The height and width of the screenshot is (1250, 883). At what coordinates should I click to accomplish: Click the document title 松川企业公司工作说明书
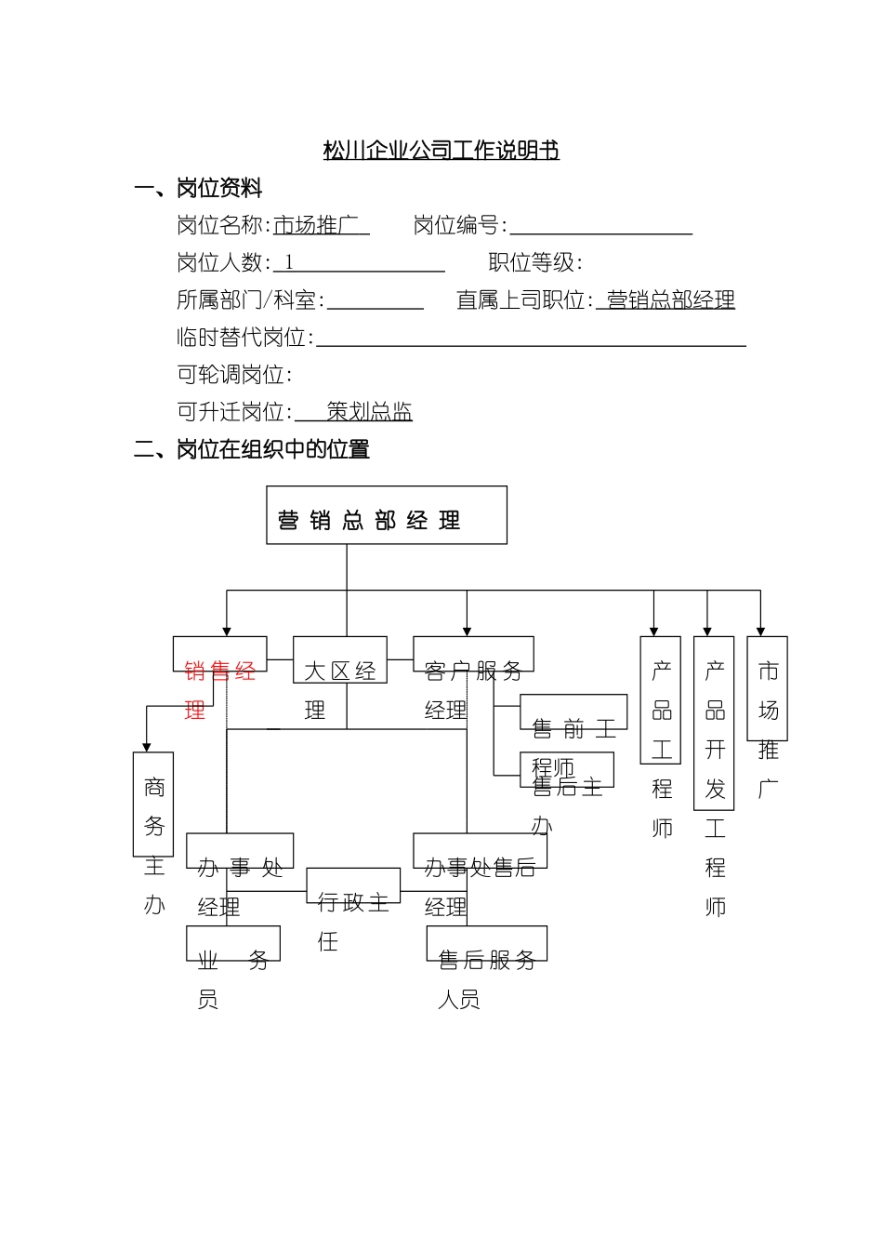(x=441, y=151)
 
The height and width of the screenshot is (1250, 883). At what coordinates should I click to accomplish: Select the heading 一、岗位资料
(x=198, y=189)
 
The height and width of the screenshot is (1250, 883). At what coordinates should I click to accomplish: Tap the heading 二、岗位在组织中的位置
(x=251, y=450)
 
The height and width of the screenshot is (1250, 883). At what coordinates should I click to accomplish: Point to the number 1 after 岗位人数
(x=289, y=263)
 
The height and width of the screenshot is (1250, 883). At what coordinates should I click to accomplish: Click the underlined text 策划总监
(x=369, y=412)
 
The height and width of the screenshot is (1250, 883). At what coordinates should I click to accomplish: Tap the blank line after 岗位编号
(x=600, y=227)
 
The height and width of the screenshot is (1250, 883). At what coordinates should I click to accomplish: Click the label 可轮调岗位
(x=234, y=375)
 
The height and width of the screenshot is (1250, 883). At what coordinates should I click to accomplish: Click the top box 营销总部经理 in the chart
(x=386, y=515)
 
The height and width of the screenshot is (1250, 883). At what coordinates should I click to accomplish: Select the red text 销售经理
(x=219, y=671)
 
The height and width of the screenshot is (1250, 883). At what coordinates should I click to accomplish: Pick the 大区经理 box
(x=339, y=660)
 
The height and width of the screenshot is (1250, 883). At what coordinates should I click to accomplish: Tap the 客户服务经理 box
(x=472, y=655)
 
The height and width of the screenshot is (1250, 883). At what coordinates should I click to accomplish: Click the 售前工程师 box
(x=573, y=712)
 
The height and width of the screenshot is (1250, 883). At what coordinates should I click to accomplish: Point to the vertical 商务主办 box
(x=153, y=805)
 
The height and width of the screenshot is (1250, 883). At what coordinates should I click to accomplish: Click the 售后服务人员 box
(x=486, y=944)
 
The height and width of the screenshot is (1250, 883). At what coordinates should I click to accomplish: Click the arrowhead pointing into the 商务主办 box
(x=147, y=747)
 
